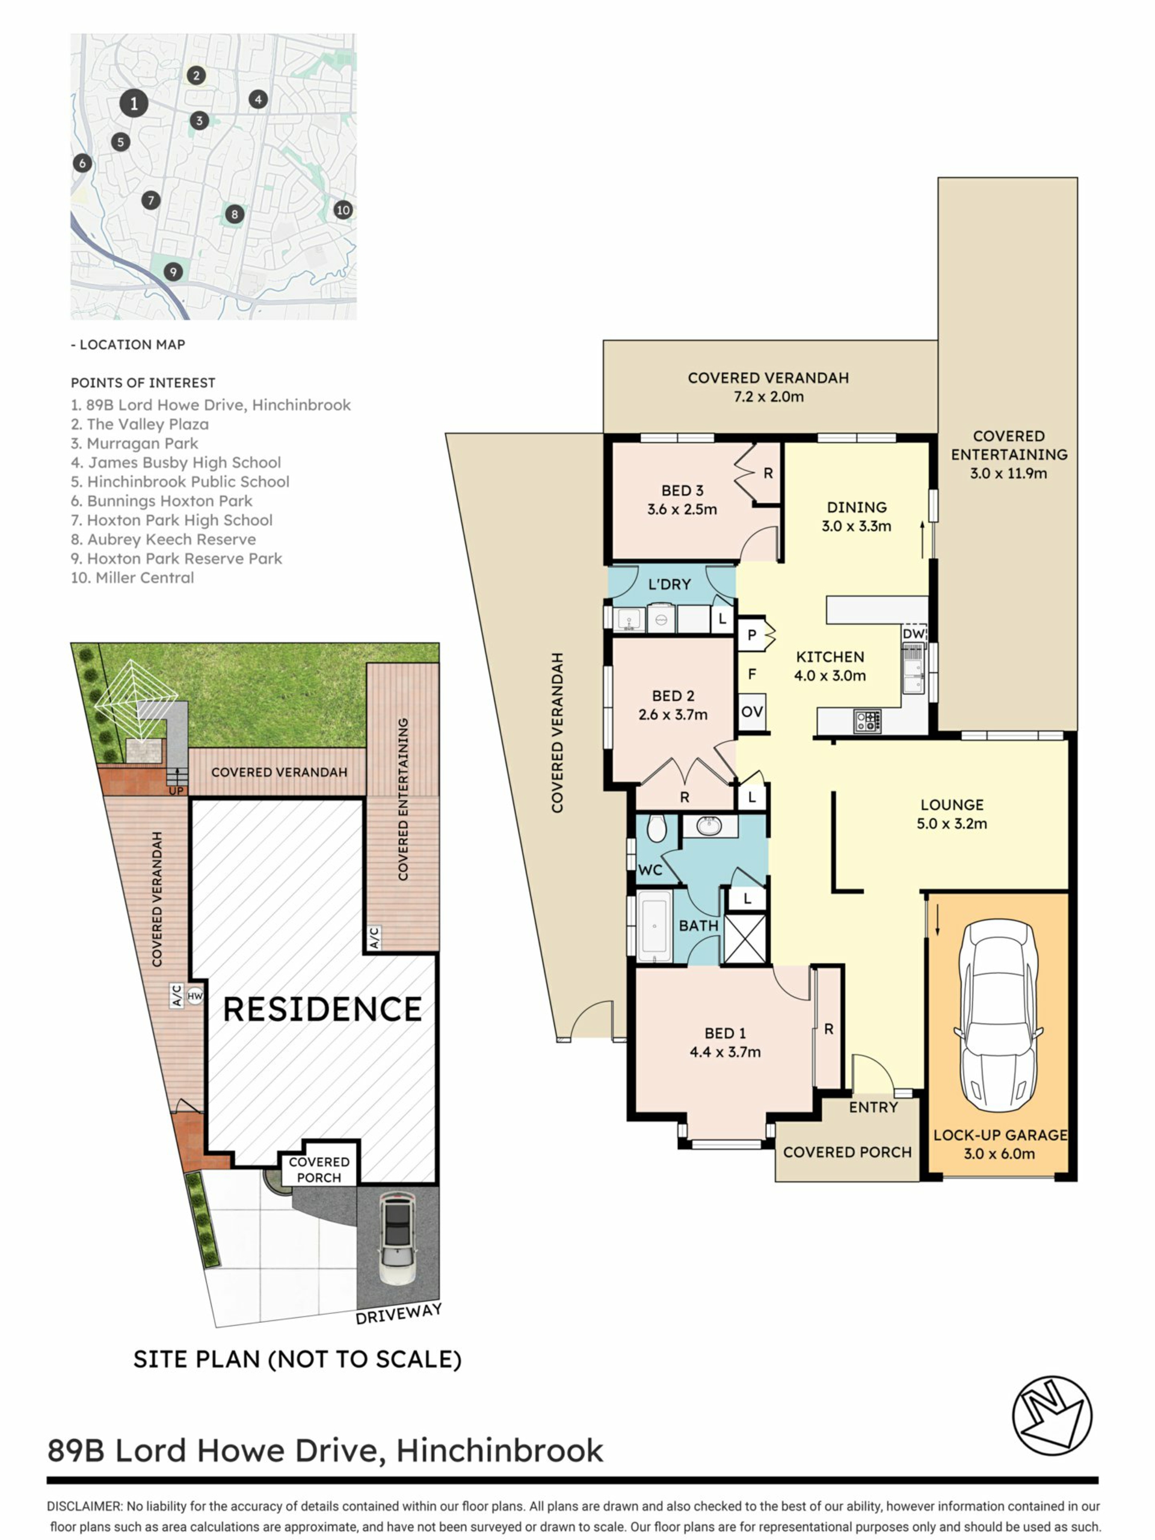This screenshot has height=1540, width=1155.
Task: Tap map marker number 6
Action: pyautogui.click(x=82, y=164)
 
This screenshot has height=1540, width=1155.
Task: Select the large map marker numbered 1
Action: pyautogui.click(x=134, y=103)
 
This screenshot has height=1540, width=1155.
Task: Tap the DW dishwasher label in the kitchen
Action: pyautogui.click(x=913, y=633)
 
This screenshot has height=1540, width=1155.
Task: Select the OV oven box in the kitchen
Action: pyautogui.click(x=752, y=712)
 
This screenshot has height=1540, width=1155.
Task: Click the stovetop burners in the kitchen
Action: pyautogui.click(x=867, y=721)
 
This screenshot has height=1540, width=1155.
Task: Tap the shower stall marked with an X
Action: pyautogui.click(x=745, y=938)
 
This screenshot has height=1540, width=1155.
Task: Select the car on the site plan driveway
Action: pyautogui.click(x=398, y=1239)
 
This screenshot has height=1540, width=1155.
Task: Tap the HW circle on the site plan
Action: pyautogui.click(x=195, y=996)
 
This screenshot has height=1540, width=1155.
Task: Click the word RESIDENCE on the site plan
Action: pyautogui.click(x=322, y=1009)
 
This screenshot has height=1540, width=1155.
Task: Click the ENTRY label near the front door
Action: pyautogui.click(x=873, y=1107)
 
